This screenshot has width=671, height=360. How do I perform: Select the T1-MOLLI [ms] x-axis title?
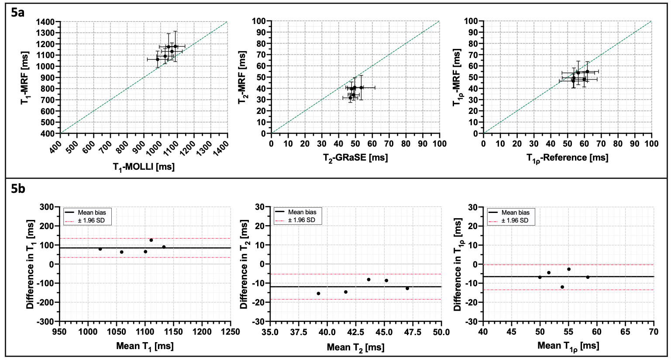(144, 166)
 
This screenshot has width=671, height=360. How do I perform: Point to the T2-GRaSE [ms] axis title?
(355, 158)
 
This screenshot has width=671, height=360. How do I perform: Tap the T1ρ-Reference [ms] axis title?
(567, 158)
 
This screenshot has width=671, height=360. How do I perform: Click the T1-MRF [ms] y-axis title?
(25, 77)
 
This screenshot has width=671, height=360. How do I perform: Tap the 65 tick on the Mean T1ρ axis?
(625, 332)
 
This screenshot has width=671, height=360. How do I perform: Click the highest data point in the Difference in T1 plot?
(151, 240)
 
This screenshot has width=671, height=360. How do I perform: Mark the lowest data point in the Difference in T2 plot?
(318, 294)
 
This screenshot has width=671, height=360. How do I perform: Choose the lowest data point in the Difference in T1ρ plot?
(562, 287)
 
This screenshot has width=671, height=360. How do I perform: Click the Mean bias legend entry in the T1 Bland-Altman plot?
(92, 213)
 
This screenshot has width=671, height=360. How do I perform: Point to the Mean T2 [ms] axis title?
(355, 347)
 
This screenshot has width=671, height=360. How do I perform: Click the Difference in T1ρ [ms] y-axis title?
(458, 264)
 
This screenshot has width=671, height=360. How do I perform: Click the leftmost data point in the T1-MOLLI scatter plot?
(158, 59)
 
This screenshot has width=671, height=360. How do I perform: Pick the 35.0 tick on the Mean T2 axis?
(270, 333)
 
